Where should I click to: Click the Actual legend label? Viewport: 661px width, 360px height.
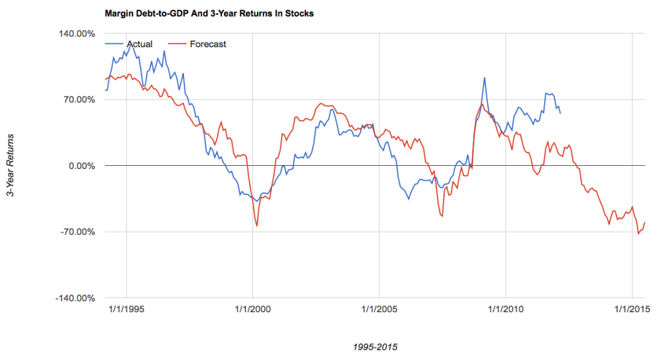click(x=139, y=44)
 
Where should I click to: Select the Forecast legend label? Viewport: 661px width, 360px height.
click(x=208, y=44)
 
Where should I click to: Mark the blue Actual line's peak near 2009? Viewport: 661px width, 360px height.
click(x=484, y=78)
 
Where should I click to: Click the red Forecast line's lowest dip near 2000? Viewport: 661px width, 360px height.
click(x=257, y=226)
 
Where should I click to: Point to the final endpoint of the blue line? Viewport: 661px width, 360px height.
click(x=560, y=114)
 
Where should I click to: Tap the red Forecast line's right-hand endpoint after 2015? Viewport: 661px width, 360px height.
click(x=645, y=223)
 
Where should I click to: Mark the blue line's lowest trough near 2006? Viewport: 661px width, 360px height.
click(x=409, y=199)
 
